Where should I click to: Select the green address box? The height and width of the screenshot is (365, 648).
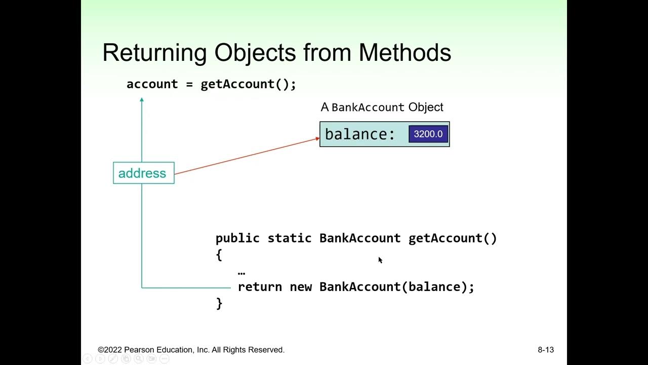143,173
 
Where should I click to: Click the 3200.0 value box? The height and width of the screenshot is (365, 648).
428,134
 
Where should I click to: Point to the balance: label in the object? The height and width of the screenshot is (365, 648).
360,134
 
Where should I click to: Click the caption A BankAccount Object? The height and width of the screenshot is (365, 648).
382,107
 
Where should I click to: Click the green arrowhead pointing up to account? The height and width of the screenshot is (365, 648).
142,100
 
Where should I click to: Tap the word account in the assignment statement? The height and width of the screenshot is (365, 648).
152,84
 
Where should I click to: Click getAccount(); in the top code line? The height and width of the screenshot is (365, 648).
248,84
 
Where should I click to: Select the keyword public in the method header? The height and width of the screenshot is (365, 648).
237,238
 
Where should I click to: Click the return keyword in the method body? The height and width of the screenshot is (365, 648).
260,287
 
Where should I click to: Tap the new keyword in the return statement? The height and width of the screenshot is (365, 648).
301,287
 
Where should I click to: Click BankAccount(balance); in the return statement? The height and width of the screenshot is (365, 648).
396,287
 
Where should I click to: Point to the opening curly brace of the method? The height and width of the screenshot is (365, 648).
219,254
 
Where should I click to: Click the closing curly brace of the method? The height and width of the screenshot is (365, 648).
219,303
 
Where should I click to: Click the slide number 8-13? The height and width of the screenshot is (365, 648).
546,350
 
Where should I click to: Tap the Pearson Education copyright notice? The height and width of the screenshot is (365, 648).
191,350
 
